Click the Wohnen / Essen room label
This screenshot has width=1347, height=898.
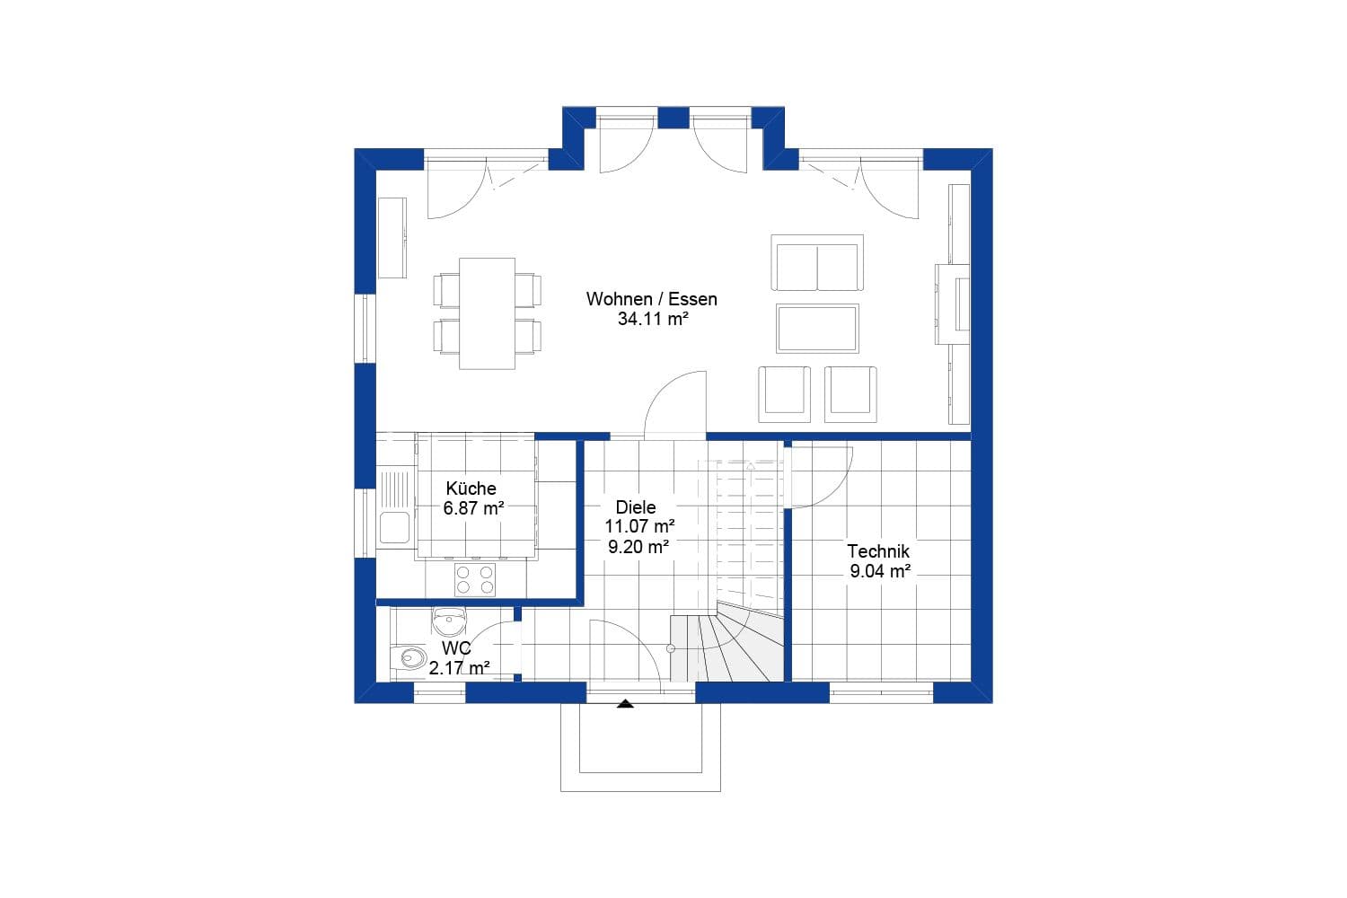(x=651, y=299)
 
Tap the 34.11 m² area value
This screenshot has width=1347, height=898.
(x=652, y=319)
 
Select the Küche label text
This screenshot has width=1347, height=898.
(x=471, y=489)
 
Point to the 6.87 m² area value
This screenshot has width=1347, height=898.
(x=472, y=508)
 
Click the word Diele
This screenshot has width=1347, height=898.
(x=635, y=507)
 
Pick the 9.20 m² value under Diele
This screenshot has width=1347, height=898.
(x=638, y=546)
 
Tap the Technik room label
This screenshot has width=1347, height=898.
(x=878, y=551)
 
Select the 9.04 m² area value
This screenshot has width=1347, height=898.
(x=880, y=571)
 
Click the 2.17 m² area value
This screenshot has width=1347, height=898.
(x=459, y=668)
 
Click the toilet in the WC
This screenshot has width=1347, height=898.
(x=409, y=658)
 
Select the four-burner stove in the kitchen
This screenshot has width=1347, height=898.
(x=474, y=579)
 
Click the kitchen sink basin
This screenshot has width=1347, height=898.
(x=394, y=527)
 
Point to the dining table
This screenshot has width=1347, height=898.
(x=488, y=313)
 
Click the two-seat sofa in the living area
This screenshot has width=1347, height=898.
(x=817, y=263)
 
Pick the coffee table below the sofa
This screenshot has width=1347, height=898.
(x=817, y=328)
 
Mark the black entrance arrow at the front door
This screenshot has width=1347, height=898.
(x=625, y=704)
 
